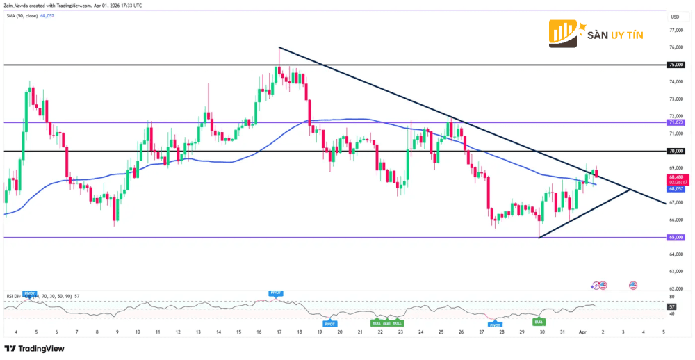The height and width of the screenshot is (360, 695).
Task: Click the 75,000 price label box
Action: [x=676, y=65]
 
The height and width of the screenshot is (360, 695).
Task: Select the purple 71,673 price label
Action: [x=676, y=122]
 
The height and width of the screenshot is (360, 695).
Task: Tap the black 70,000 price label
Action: [x=676, y=151]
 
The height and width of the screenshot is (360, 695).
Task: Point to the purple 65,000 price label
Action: [x=676, y=237]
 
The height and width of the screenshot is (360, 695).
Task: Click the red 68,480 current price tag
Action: [x=676, y=178]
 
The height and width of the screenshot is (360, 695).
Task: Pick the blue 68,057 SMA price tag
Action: [x=676, y=188]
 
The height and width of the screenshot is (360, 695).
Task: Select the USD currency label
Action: [x=674, y=16]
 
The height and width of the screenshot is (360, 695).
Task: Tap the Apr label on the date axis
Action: [x=583, y=333]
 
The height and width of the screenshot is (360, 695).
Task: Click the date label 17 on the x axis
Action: [x=279, y=333]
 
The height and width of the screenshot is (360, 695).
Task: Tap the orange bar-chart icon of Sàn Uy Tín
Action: [x=566, y=33]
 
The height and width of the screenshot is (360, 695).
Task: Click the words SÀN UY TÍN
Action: [x=616, y=34]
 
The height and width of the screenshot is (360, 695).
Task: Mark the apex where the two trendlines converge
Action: [x=630, y=189]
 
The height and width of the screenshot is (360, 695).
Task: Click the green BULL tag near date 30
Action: [x=538, y=322]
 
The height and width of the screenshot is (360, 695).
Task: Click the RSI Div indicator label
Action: [x=15, y=296]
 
